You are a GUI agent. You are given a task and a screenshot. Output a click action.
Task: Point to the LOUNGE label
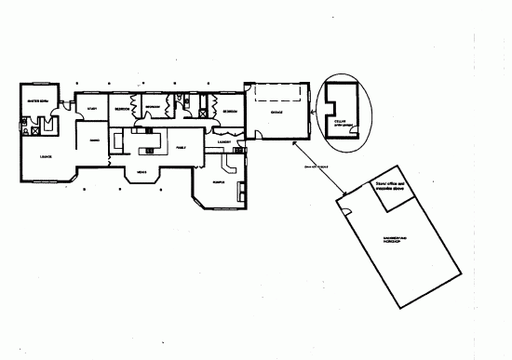[45, 157]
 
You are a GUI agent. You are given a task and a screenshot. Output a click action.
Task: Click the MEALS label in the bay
[142, 172]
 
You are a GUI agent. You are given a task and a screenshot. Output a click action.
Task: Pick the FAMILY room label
[181, 148]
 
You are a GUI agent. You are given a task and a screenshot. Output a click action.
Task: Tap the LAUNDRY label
[224, 142]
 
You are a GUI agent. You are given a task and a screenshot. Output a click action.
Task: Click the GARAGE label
[276, 111]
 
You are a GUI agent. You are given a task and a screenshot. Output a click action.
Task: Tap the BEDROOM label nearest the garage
[228, 111]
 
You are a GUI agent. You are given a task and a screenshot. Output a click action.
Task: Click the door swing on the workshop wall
[346, 212]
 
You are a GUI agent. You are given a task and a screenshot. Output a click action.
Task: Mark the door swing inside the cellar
[351, 130]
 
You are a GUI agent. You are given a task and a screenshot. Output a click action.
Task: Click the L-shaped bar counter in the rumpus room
[241, 192]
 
